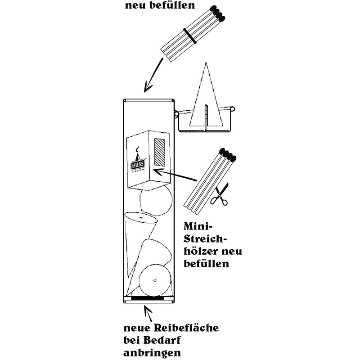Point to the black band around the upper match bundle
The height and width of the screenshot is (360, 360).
(189, 36)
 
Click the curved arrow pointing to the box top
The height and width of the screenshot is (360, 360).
(153, 76)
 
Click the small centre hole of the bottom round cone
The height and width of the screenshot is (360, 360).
(154, 280)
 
